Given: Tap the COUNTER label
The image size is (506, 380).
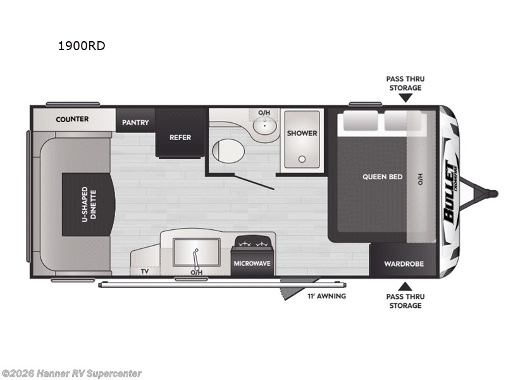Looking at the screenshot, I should tap(72, 118).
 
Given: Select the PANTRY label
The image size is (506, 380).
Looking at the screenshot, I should tap(135, 122).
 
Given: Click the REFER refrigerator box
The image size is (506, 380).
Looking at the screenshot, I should tap(180, 137).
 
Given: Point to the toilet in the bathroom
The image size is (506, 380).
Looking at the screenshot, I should tap(224, 151).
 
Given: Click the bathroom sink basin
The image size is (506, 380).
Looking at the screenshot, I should tap(264, 127).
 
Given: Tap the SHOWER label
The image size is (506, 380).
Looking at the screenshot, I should tap(302, 133).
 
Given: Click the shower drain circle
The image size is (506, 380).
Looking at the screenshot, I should tap(302, 159).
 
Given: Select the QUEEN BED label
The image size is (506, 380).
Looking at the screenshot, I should tap(382, 177).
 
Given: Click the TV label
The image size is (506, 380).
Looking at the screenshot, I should tap(145, 271).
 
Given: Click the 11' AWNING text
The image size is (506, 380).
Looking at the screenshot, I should tap(326, 296).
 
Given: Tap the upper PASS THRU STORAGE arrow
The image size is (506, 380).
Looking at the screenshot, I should tap(405, 98).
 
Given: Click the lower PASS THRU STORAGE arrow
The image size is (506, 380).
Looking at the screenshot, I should tap(405, 286).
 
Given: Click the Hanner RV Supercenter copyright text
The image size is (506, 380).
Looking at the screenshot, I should tap(71, 374).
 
